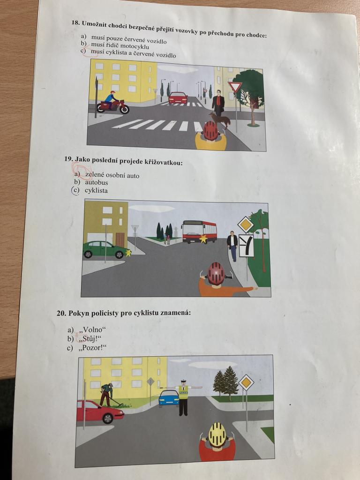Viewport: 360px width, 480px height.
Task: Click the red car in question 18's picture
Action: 178,97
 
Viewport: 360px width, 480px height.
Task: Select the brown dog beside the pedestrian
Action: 220,119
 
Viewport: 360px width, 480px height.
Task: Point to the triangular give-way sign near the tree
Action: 235,87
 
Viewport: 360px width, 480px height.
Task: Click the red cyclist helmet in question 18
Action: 210,131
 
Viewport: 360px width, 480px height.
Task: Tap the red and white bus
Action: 199,232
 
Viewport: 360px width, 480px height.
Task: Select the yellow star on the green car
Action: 128,253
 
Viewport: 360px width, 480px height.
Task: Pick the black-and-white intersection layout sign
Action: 246,246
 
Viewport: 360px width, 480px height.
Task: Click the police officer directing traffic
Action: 183,397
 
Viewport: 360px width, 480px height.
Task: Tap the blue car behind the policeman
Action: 169,398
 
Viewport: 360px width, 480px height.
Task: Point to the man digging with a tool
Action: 108,395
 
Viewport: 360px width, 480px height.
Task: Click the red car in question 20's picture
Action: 99,412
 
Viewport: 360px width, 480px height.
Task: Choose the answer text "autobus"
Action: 97,182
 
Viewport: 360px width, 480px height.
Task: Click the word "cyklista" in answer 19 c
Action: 96,190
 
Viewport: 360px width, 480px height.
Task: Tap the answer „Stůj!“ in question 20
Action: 90,339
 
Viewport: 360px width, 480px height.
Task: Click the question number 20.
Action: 61,313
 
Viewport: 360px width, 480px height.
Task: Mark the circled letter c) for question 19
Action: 75,190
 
